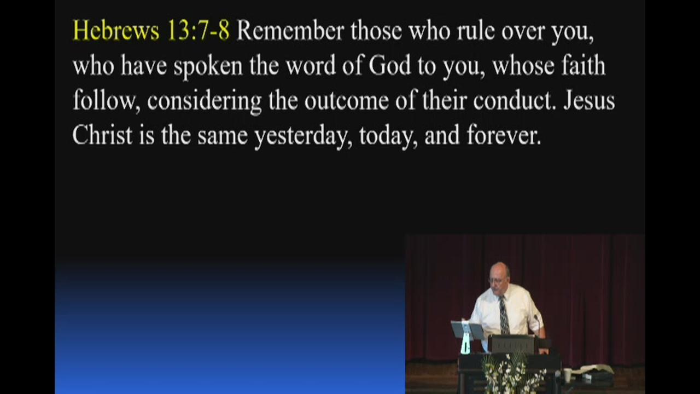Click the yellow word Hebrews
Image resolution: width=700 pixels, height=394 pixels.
(116, 31)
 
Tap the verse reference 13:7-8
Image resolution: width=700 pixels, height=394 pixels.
(199, 31)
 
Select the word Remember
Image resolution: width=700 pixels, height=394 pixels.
(290, 31)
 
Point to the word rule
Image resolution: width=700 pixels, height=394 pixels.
(476, 31)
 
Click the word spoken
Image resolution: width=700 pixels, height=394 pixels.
(208, 67)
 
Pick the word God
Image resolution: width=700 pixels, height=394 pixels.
(390, 65)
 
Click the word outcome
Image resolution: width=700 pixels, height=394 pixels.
(347, 101)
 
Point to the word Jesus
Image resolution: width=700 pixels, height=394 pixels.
(589, 100)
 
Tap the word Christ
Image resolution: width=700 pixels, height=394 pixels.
(102, 135)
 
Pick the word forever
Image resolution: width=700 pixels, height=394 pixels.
(504, 135)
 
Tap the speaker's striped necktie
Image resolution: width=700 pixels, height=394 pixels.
(504, 315)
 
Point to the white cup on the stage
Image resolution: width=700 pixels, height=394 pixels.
(567, 375)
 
